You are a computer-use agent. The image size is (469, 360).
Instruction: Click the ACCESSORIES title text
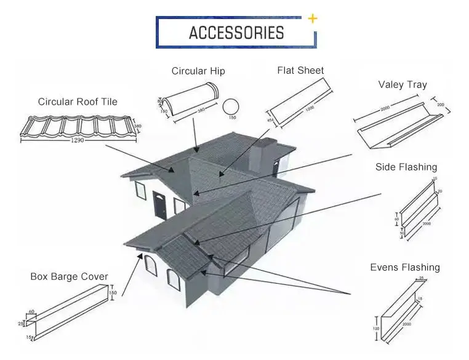(236, 33)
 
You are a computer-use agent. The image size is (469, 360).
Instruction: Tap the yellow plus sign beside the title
(313, 18)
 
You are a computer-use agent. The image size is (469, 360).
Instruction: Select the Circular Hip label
(198, 71)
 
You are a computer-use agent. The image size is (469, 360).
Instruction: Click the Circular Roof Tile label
(78, 102)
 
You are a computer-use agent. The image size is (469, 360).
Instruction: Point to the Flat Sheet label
(300, 70)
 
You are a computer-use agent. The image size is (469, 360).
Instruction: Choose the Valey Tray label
(403, 84)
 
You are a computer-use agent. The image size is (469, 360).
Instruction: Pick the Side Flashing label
(406, 167)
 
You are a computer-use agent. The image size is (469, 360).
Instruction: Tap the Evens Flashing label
(405, 267)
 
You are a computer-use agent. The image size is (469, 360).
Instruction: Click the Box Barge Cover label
(69, 276)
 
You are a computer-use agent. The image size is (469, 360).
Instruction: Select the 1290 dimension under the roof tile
(78, 140)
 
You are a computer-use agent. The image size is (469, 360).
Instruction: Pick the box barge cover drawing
(68, 314)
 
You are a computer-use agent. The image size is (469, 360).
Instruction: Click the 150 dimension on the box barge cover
(113, 294)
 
